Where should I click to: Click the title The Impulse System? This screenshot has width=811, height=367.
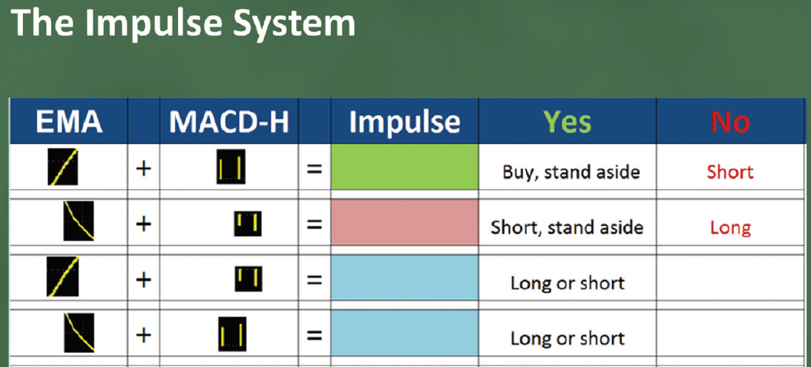click(x=183, y=23)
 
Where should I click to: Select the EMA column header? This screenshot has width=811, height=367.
click(x=69, y=122)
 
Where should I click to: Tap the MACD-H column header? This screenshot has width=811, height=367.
click(x=229, y=122)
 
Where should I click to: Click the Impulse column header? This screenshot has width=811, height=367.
click(x=404, y=122)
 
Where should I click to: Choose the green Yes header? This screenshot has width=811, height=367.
click(x=568, y=122)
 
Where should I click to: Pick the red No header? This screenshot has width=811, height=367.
click(x=730, y=122)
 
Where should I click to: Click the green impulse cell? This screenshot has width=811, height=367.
click(x=404, y=167)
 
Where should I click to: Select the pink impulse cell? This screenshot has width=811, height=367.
click(x=404, y=222)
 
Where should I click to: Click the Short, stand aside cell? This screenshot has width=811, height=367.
click(x=567, y=228)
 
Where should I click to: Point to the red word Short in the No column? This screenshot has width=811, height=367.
click(x=730, y=172)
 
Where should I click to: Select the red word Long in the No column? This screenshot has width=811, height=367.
click(x=730, y=228)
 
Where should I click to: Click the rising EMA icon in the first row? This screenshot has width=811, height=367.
click(x=63, y=166)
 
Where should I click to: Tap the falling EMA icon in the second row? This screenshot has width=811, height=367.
click(x=79, y=221)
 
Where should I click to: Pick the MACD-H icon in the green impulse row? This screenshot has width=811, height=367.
click(x=231, y=166)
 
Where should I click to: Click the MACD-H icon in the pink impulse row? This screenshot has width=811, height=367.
click(x=248, y=224)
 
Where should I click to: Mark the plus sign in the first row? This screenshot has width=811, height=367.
click(x=143, y=169)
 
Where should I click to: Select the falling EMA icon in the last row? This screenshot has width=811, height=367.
click(x=79, y=333)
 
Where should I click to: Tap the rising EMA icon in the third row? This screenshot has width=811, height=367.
click(x=62, y=277)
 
